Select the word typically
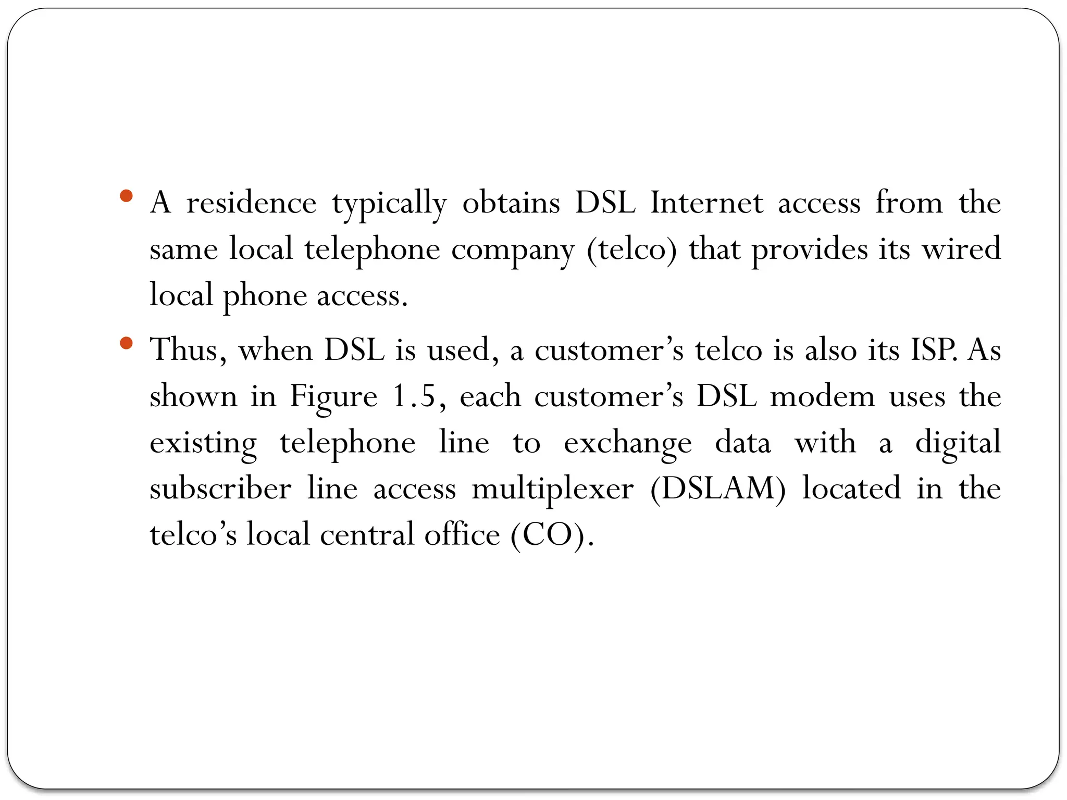pyautogui.click(x=389, y=205)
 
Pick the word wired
pyautogui.click(x=961, y=248)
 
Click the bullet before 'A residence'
pyautogui.click(x=126, y=196)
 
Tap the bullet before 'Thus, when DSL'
pyautogui.click(x=126, y=343)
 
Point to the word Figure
pyautogui.click(x=333, y=397)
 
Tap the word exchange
pyautogui.click(x=627, y=444)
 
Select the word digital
pyautogui.click(x=958, y=443)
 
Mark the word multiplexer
pyautogui.click(x=552, y=490)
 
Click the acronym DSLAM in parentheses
pyautogui.click(x=718, y=489)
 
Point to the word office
pyautogui.click(x=462, y=535)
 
